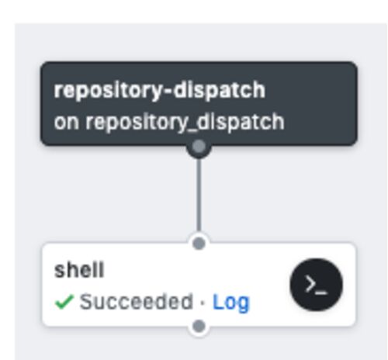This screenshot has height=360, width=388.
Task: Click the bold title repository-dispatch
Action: pyautogui.click(x=160, y=91)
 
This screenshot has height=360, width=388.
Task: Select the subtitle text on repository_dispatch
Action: pyautogui.click(x=169, y=122)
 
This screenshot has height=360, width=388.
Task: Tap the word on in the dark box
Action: pyautogui.click(x=66, y=122)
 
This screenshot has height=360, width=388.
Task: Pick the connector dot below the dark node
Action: pyautogui.click(x=199, y=147)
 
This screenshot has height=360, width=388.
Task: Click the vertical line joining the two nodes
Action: pyautogui.click(x=199, y=194)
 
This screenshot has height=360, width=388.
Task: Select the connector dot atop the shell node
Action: pyautogui.click(x=199, y=244)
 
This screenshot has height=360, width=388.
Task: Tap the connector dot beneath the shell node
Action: pyautogui.click(x=199, y=326)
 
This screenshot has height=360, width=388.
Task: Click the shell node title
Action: pyautogui.click(x=79, y=270)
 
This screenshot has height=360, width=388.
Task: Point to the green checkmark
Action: pyautogui.click(x=64, y=302)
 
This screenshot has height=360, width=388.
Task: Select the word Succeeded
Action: pyautogui.click(x=137, y=302)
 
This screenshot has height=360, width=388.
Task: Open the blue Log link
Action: pyautogui.click(x=230, y=303)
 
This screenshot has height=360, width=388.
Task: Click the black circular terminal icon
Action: pyautogui.click(x=317, y=285)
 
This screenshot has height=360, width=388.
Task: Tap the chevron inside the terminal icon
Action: pyautogui.click(x=310, y=284)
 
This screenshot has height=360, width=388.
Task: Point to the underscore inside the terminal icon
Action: pyautogui.click(x=322, y=293)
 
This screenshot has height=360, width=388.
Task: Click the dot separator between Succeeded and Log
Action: pyautogui.click(x=203, y=302)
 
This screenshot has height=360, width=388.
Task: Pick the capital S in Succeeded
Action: pyautogui.click(x=86, y=302)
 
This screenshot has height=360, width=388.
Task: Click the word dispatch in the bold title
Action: pyautogui.click(x=220, y=91)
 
